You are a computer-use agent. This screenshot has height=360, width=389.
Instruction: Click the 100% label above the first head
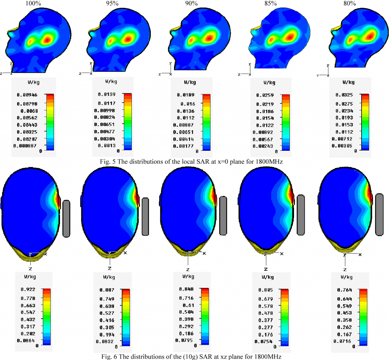[32, 3]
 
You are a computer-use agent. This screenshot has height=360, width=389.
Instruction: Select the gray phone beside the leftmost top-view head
[66, 219]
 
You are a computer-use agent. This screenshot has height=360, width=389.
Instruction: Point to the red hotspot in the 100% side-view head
[48, 39]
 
